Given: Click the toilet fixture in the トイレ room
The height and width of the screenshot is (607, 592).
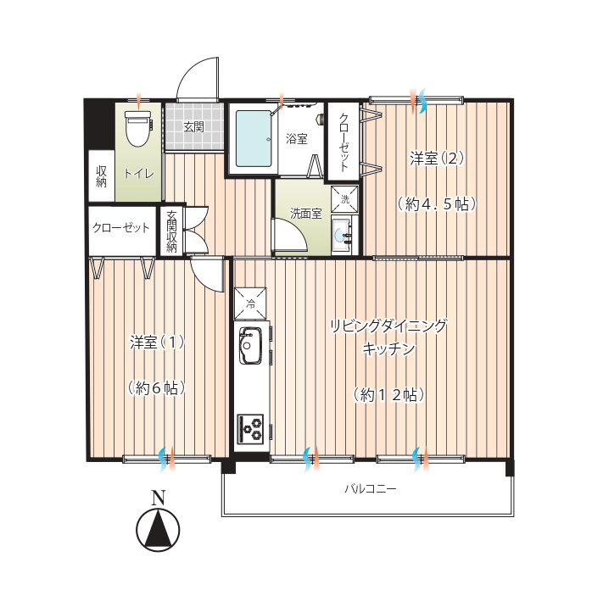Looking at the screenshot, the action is tap(138, 128).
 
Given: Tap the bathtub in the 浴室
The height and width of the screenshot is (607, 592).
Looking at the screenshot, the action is tap(254, 138).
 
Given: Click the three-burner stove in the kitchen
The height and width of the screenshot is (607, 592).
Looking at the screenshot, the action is tap(250, 428).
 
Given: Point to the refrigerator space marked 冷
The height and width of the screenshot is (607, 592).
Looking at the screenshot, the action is tap(250, 303).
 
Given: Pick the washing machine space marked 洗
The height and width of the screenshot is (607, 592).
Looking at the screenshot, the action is tap(344, 199).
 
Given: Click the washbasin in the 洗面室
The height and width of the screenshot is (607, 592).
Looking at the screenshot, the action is tap(342, 235).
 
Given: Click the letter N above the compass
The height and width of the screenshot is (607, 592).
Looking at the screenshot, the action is tap(158, 498).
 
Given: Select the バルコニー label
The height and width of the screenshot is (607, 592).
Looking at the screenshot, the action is tap(371, 489).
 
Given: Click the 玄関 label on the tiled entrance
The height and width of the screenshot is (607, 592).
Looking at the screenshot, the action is tap(193, 126).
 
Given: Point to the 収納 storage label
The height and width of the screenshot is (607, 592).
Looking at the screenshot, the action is tap(101, 176).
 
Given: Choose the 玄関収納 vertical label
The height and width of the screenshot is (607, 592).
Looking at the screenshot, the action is tap(171, 231).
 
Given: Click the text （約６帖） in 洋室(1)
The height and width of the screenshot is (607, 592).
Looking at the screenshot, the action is tap(156, 388).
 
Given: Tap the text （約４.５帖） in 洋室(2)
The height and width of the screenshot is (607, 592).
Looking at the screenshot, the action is tap(436, 204).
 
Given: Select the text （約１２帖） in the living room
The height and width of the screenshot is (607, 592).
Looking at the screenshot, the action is tap(388, 395).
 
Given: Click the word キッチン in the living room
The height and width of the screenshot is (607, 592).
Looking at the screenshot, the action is tap(388, 348).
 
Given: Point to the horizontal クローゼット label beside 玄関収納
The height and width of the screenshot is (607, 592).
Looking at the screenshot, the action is tap(120, 227).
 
